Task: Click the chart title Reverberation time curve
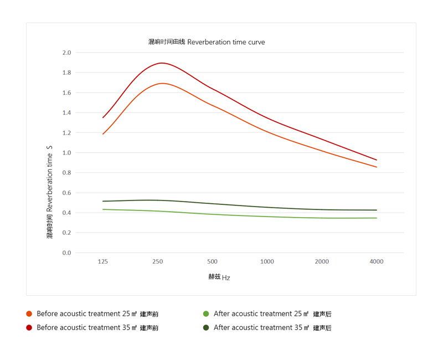coord(207,42)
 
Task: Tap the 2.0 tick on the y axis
coord(66,53)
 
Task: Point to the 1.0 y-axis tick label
coord(66,153)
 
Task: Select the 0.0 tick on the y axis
coord(66,253)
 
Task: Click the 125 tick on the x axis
coord(102,261)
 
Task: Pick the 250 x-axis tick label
coord(157,261)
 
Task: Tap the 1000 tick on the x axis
coord(267,261)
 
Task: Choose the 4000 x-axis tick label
coord(377,261)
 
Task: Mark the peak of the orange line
coord(162,83)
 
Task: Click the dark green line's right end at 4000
coord(377,210)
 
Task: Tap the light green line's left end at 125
coord(103,209)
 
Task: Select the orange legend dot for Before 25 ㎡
coord(29,314)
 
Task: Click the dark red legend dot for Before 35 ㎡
coord(29,328)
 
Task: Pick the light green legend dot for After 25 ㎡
coord(206,314)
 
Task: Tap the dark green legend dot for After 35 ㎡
coord(206,328)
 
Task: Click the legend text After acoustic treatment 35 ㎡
coord(272,328)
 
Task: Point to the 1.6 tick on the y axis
coord(66,92)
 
